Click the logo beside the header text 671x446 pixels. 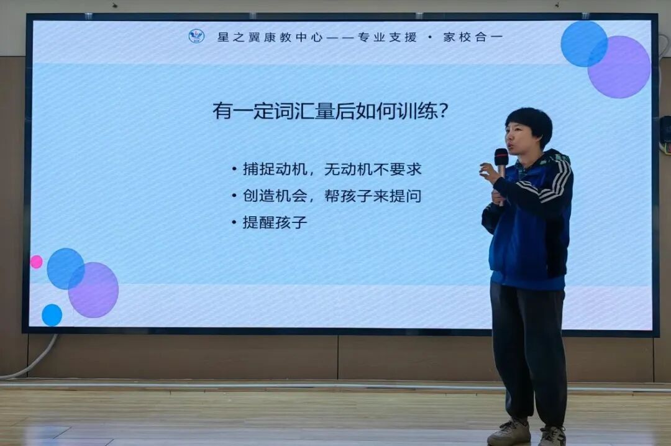[196, 36]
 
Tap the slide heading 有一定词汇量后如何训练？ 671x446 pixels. [331, 112]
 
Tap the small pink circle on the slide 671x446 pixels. [37, 262]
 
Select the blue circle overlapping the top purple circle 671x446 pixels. [583, 43]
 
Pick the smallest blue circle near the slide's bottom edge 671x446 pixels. [52, 315]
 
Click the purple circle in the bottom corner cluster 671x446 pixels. [94, 290]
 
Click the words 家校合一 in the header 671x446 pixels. [472, 37]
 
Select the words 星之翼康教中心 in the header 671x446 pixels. [270, 37]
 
